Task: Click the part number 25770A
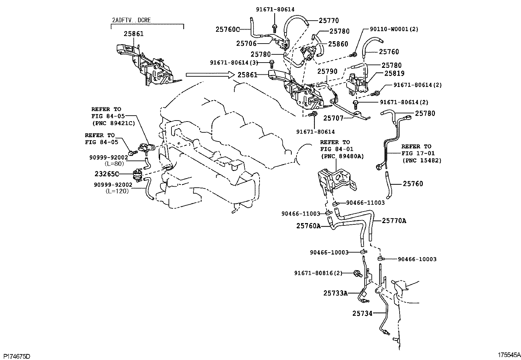coord(394,220)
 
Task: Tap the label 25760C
coord(227,29)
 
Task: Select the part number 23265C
coord(107,174)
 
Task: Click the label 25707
coord(333,118)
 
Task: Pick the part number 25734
coord(362,313)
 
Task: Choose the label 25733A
coord(335,293)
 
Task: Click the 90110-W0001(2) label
coord(394,29)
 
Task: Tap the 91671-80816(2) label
coord(318,273)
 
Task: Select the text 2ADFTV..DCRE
coord(132,20)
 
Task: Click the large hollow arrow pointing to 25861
coord(210,74)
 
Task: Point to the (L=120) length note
coord(117,191)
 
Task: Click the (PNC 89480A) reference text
coord(342,156)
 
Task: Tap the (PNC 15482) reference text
coord(422,161)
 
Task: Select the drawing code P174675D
coord(17,356)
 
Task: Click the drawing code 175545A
coord(509,355)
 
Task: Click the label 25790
coord(328,71)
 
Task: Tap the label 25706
coord(246,43)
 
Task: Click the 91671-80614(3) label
coord(234,63)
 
